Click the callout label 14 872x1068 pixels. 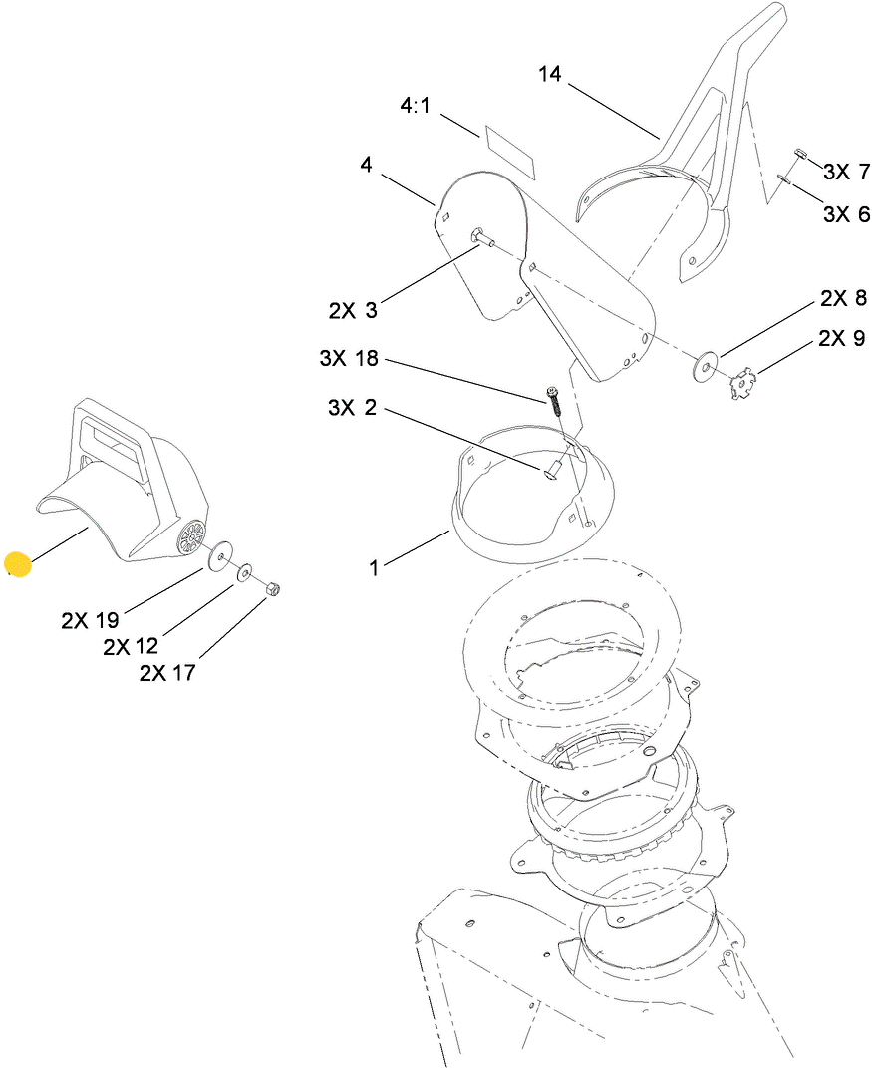(550, 74)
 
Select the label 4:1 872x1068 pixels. (415, 106)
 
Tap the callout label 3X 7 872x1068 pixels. (846, 172)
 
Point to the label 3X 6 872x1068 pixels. (846, 213)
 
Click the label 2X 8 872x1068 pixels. (843, 298)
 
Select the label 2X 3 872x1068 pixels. (353, 311)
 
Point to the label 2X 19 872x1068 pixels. (90, 620)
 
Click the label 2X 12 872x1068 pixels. (131, 647)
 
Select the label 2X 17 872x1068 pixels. (167, 673)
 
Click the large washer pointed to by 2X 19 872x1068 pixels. (218, 555)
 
